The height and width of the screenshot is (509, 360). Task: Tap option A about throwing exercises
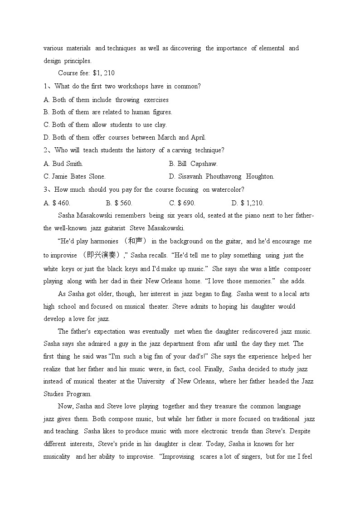tap(106, 100)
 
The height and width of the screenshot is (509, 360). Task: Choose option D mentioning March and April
tap(124, 137)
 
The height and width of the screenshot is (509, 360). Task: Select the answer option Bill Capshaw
tap(193, 164)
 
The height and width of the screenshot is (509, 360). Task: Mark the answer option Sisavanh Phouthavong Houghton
tap(221, 176)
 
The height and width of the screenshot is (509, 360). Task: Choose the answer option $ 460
tap(57, 203)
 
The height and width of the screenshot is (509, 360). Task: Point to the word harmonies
tap(104, 241)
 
